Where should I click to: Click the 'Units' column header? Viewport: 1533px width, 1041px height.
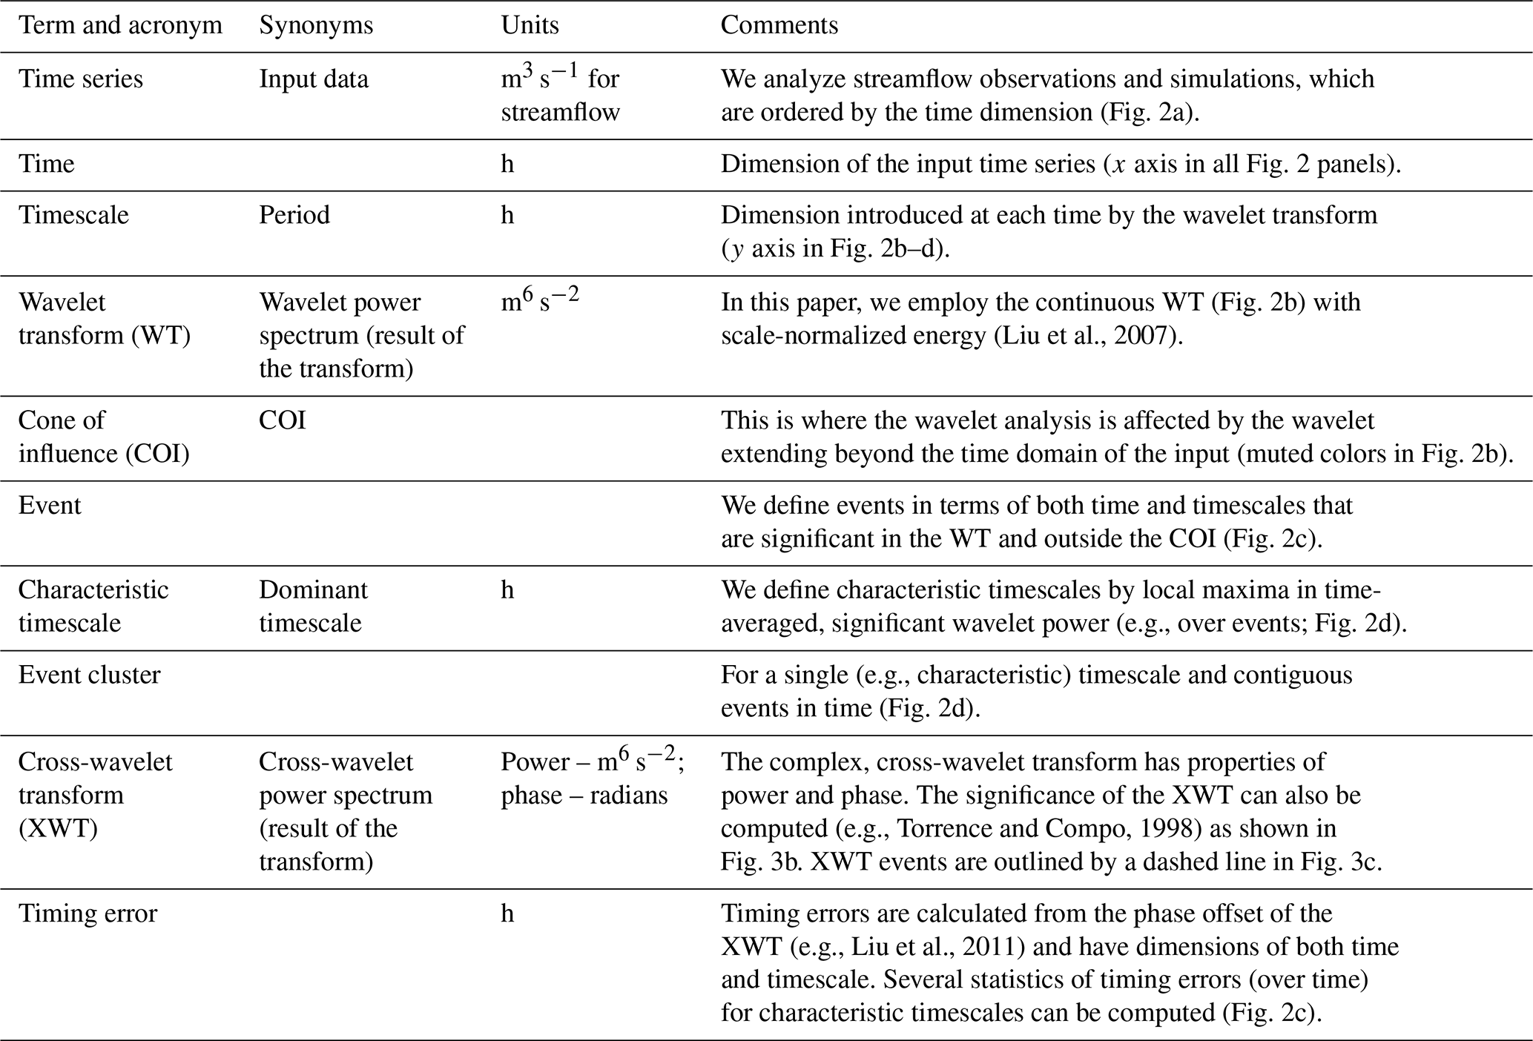click(x=530, y=26)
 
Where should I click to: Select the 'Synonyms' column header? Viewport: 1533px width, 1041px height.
click(x=316, y=26)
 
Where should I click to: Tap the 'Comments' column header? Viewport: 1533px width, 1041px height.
click(x=779, y=26)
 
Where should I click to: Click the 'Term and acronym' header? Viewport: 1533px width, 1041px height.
click(x=120, y=26)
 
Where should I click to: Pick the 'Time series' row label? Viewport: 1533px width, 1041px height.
click(x=80, y=79)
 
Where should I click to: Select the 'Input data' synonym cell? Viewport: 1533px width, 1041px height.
click(x=313, y=79)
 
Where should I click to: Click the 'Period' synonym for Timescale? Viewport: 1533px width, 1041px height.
click(x=294, y=215)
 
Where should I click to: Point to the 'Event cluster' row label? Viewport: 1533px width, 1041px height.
click(x=89, y=675)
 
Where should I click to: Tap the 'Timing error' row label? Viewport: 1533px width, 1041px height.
click(x=88, y=913)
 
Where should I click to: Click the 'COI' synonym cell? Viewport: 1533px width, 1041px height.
click(x=282, y=420)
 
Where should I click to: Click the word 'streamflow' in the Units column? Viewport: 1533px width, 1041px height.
click(x=560, y=113)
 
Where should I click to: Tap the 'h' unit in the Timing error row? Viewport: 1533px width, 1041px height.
click(x=507, y=913)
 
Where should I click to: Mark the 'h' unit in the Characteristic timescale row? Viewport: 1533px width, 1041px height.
click(x=507, y=590)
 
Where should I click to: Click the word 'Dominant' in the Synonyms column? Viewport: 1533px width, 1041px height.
click(x=313, y=590)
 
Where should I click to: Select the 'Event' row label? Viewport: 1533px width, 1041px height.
click(x=50, y=506)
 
